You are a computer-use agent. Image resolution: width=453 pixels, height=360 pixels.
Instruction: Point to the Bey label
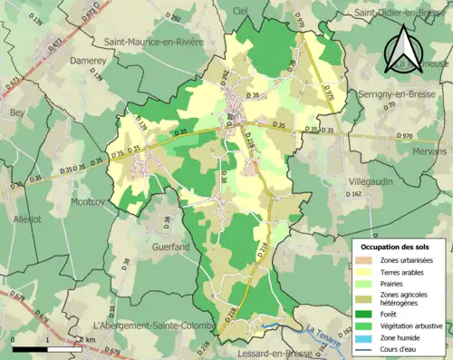coord(16,112)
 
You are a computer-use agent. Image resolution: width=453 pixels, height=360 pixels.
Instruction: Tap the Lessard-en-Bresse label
coord(273,353)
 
